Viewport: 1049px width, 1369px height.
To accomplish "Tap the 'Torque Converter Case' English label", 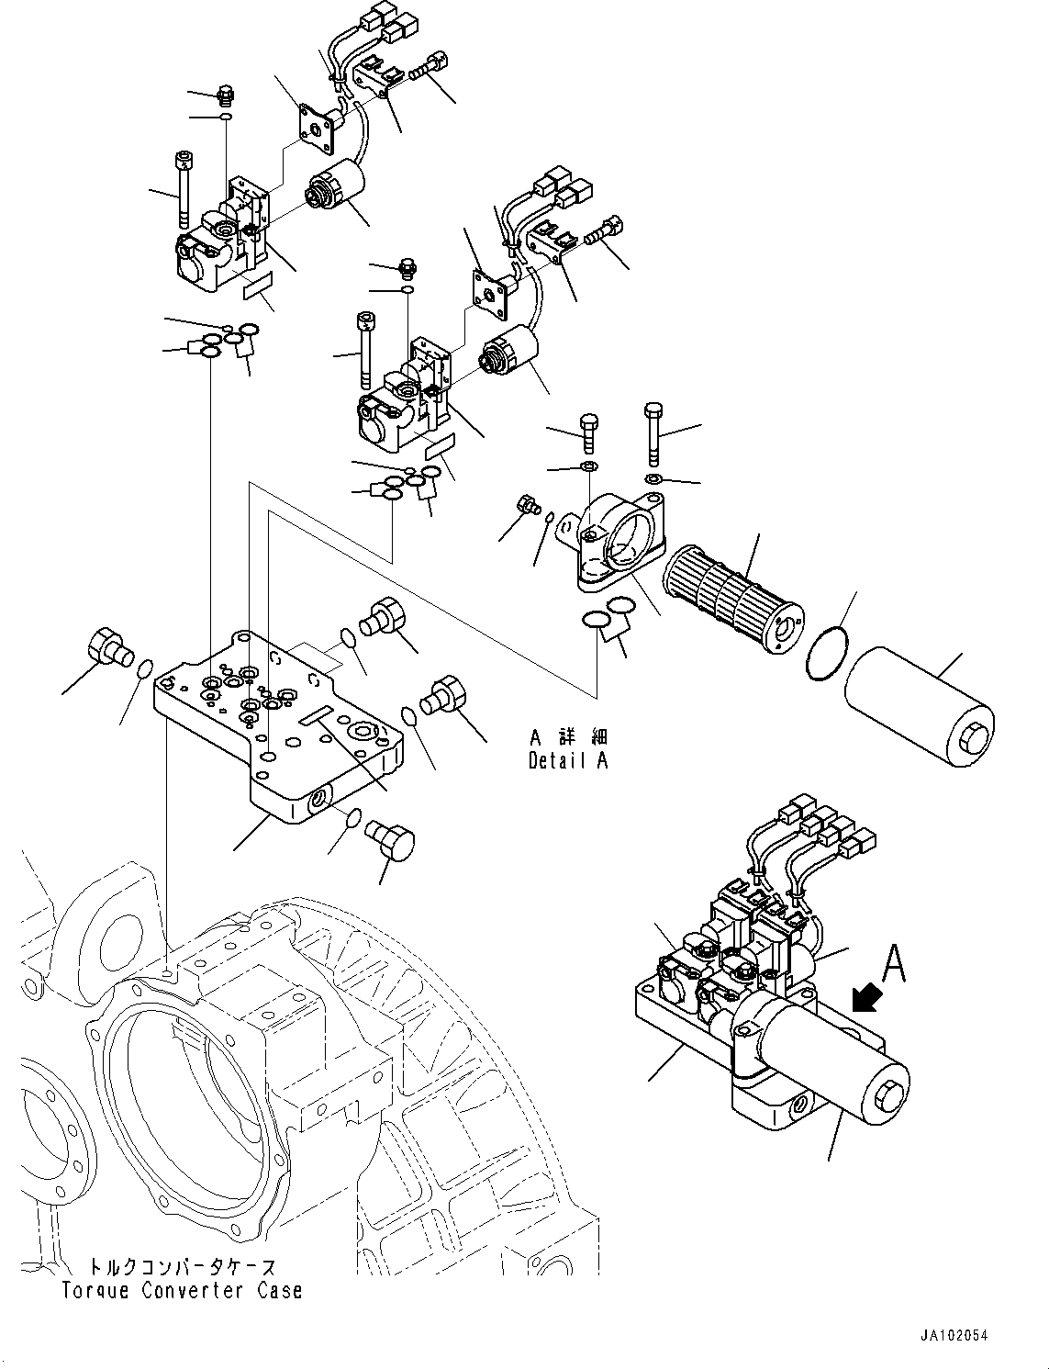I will point(182,1290).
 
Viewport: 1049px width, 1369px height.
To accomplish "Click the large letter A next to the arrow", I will point(894,965).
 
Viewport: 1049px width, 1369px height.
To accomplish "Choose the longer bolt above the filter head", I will point(653,435).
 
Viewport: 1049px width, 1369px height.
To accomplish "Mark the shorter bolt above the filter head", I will point(588,432).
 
